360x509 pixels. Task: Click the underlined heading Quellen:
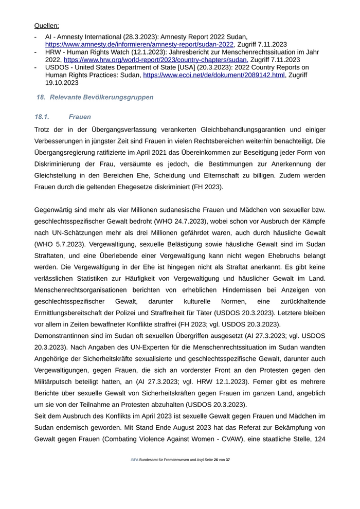tap(46, 25)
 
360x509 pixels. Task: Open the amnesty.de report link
tap(139, 45)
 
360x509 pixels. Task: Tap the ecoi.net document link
tap(213, 75)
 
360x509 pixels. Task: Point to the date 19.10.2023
tap(62, 82)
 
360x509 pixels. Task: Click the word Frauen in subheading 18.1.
tap(80, 117)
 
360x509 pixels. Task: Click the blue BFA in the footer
tap(134, 460)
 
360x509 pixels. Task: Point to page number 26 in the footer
tap(216, 460)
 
